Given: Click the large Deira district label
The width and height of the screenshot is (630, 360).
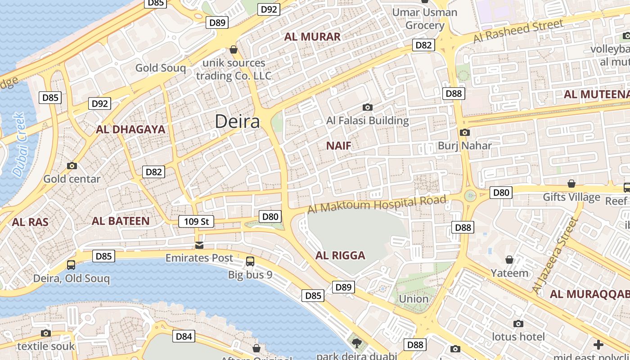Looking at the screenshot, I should [237, 121].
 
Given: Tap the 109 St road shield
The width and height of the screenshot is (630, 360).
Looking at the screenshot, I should [196, 221].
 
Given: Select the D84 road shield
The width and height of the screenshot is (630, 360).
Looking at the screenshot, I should [184, 336].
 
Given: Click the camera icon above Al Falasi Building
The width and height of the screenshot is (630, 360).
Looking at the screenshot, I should [368, 107].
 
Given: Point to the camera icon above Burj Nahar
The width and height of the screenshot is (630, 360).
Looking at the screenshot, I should [465, 132].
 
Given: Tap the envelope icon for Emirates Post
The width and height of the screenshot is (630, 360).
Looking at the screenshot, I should [199, 245].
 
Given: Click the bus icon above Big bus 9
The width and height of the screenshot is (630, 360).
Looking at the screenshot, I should [250, 261].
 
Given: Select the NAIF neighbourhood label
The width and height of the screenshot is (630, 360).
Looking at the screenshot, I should [338, 146].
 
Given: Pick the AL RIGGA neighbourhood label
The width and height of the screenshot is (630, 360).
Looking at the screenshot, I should [340, 256].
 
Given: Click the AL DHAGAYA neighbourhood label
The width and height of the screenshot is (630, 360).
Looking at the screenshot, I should [130, 130].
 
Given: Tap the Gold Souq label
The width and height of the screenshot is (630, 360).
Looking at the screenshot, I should [161, 68].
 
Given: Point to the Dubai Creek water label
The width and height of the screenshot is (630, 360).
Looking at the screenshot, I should [19, 145].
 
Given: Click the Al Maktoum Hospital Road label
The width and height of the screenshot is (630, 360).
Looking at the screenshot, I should [377, 204].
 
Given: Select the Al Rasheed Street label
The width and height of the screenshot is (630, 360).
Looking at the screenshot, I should [518, 31].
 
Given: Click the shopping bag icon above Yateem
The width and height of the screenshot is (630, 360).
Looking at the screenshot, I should [509, 260].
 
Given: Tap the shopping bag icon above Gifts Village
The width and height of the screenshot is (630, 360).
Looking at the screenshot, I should [571, 184].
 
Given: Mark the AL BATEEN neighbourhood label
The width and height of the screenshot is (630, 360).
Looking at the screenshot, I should [120, 221].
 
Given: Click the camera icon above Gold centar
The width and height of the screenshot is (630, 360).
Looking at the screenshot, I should [72, 166].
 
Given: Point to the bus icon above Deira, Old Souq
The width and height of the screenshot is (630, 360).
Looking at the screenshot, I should [71, 265].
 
